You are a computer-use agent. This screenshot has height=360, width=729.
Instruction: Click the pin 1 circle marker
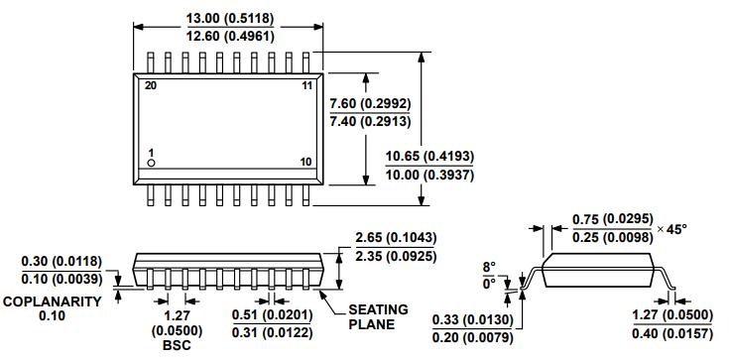tap(151, 163)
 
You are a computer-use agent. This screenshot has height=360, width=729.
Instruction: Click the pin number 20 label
tap(150, 85)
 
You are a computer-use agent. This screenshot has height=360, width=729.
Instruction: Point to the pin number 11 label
tap(306, 85)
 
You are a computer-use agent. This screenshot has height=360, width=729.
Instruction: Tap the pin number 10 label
tap(305, 162)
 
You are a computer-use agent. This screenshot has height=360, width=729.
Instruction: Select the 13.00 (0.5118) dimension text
tap(230, 19)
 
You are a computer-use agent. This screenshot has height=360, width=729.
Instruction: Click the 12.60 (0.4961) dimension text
tap(230, 36)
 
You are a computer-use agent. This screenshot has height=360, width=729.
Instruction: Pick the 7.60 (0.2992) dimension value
tap(370, 103)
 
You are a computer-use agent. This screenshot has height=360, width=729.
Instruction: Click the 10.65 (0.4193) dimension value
tap(429, 157)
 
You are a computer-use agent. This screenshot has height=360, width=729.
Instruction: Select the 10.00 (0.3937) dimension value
tap(429, 176)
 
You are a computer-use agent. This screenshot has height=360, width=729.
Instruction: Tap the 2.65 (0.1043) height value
tap(396, 238)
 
